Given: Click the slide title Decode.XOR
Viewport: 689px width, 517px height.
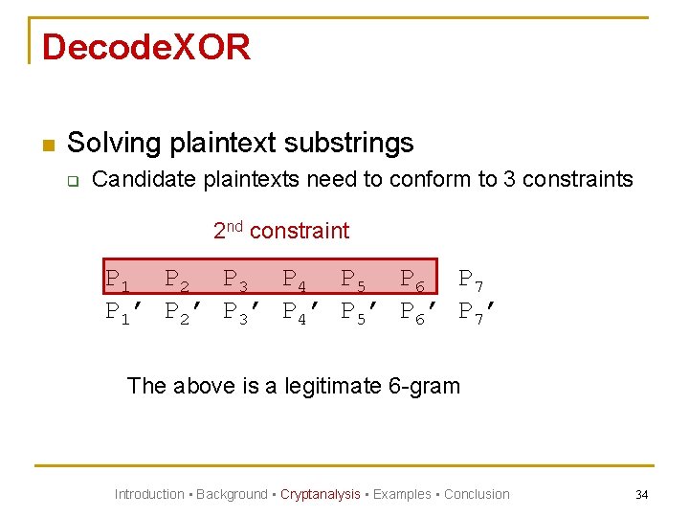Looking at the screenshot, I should click(x=146, y=47).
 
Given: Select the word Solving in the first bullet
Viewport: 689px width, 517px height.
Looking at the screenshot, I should click(x=114, y=144).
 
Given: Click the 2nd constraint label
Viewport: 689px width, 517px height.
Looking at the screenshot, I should click(x=280, y=231).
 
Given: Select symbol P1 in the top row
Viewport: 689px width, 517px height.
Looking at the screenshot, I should click(x=119, y=281).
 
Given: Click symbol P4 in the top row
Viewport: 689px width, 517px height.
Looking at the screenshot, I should click(x=295, y=281).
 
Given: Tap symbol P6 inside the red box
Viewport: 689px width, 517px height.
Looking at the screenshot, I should click(x=412, y=281).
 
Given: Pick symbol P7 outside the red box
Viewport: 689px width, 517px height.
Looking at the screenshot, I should click(x=471, y=281).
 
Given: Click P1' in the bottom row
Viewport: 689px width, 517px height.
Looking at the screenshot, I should click(x=123, y=312).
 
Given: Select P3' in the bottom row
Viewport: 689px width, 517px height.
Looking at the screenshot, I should click(x=241, y=312).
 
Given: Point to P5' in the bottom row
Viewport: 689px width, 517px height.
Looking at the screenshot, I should click(x=359, y=312).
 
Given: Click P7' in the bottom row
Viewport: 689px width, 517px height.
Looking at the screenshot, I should click(x=477, y=312).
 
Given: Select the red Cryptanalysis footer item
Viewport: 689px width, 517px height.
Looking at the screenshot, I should click(x=320, y=494).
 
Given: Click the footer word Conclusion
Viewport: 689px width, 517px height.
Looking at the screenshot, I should click(x=477, y=494).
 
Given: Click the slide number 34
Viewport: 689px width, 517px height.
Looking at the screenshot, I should click(x=641, y=494).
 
